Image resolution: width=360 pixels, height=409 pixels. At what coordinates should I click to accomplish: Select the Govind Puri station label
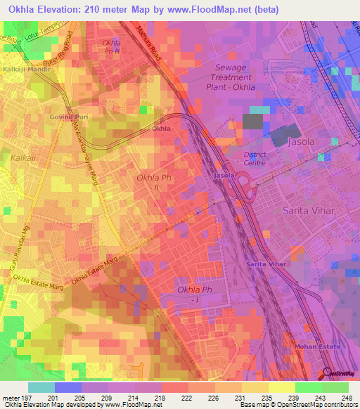pyautogui.click(x=66, y=117)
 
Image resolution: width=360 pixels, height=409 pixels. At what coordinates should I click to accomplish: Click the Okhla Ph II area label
pyautogui.click(x=153, y=183)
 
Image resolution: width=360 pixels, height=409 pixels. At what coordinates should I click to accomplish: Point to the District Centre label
pyautogui.click(x=257, y=158)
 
